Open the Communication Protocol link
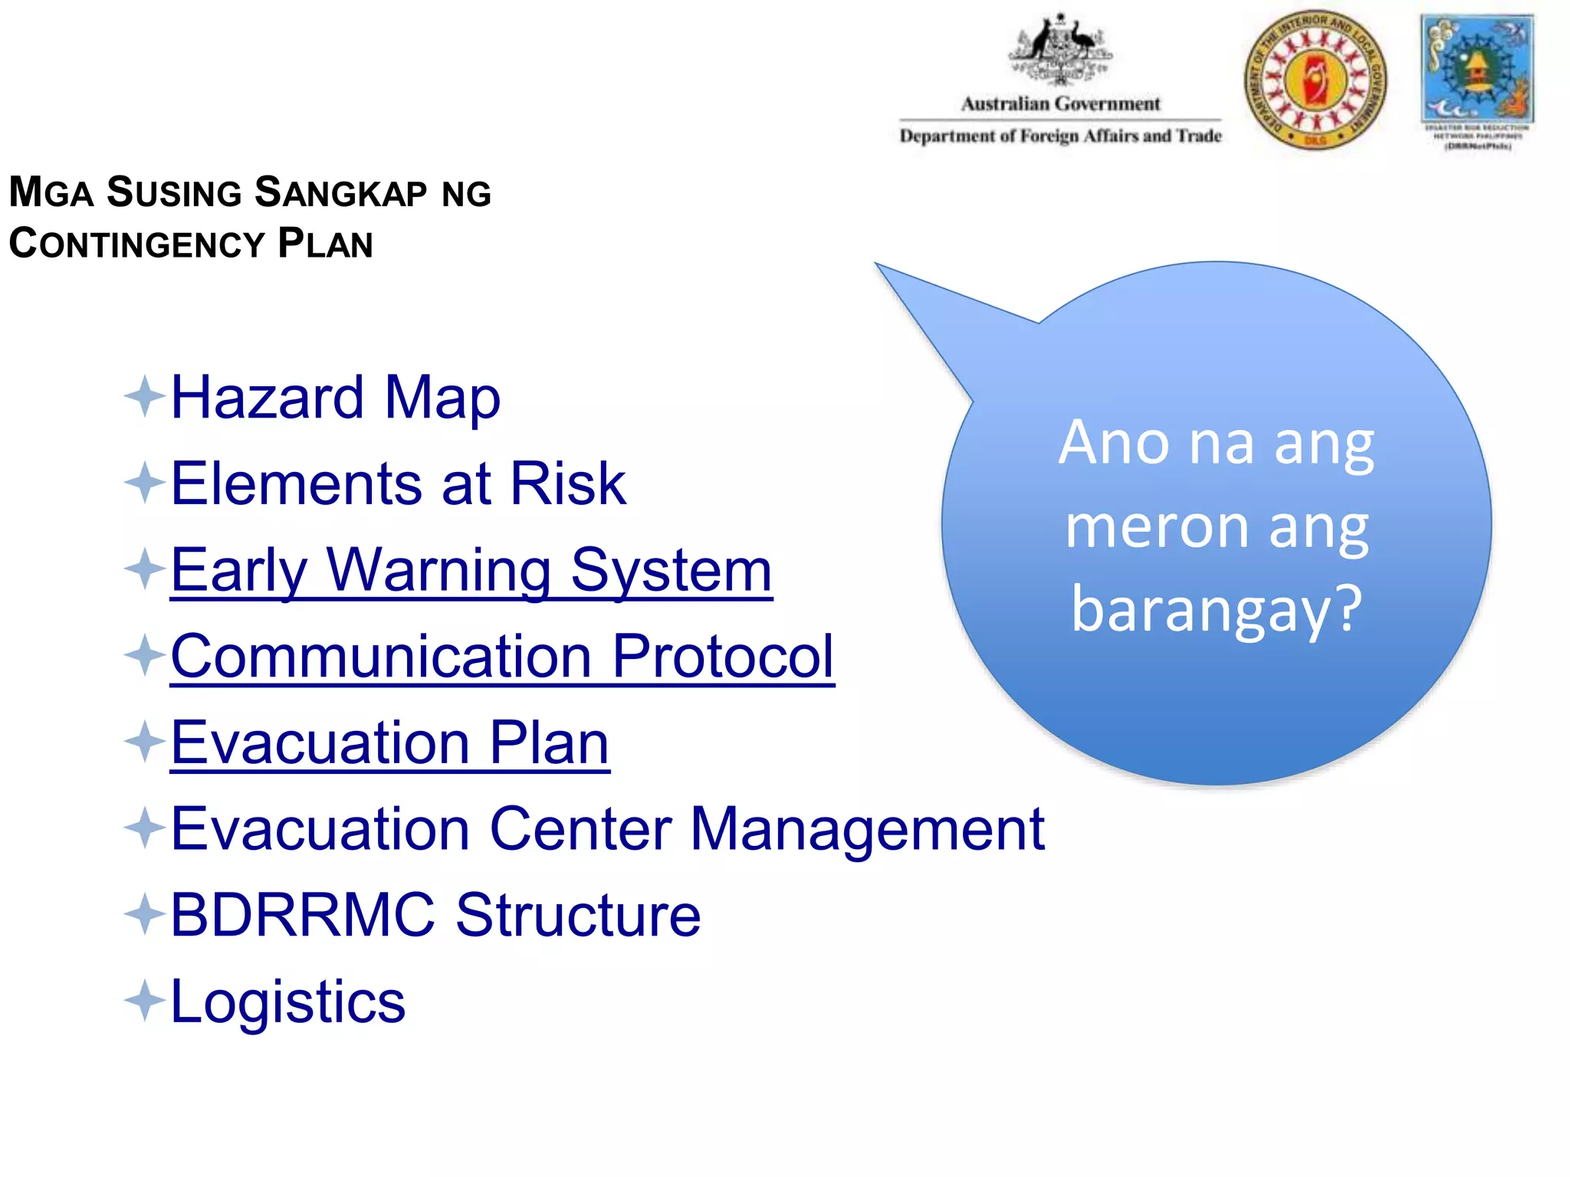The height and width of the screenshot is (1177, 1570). (502, 657)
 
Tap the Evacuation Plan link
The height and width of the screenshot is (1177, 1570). (389, 743)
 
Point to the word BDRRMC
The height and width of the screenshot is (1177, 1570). (302, 915)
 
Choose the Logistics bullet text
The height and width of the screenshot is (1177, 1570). (287, 1002)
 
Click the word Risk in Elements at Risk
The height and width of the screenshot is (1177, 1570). (567, 484)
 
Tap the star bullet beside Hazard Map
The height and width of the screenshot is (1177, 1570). (144, 397)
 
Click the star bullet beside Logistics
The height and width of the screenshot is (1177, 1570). (144, 1001)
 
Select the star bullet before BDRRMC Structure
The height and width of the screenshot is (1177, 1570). (144, 914)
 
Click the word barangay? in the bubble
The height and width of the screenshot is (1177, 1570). (1217, 609)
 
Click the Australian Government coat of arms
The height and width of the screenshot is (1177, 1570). (1060, 50)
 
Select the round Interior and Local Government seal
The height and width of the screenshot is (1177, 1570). (1315, 80)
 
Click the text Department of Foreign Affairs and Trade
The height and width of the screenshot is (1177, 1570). (1060, 136)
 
